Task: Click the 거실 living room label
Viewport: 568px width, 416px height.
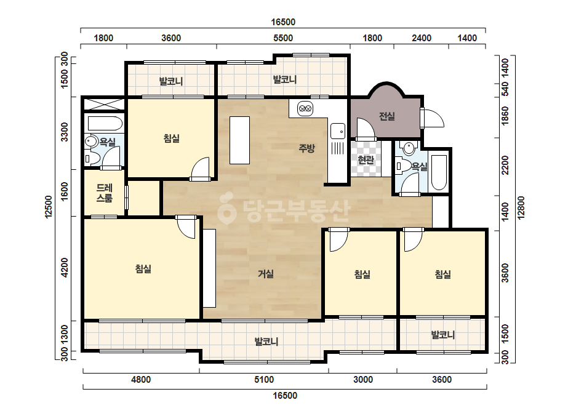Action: pyautogui.click(x=265, y=274)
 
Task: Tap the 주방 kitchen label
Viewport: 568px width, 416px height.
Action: pyautogui.click(x=306, y=148)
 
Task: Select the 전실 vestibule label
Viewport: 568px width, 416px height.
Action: pyautogui.click(x=387, y=116)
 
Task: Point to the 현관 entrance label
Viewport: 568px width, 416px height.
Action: pyautogui.click(x=366, y=159)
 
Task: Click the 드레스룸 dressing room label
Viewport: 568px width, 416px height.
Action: pyautogui.click(x=105, y=193)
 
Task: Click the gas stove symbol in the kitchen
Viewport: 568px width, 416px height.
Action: pyautogui.click(x=305, y=108)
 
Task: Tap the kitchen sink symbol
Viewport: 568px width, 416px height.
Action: pyautogui.click(x=338, y=131)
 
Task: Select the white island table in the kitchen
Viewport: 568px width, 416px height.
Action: pyautogui.click(x=239, y=140)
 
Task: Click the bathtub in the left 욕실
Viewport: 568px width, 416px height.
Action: pyautogui.click(x=105, y=123)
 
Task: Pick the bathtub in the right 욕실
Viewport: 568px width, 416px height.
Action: pyautogui.click(x=439, y=173)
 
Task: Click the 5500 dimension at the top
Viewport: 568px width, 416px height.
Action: pyautogui.click(x=283, y=38)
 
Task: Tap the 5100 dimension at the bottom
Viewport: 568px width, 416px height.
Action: pyautogui.click(x=264, y=380)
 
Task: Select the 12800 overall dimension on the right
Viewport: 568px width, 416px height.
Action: pyautogui.click(x=521, y=208)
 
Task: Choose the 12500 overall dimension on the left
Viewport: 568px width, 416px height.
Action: pyautogui.click(x=49, y=207)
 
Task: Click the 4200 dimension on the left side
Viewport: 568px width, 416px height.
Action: pyautogui.click(x=65, y=268)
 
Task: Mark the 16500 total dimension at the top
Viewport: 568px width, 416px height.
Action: pyautogui.click(x=283, y=22)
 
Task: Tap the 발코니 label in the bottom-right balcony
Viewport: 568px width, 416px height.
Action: pyautogui.click(x=442, y=335)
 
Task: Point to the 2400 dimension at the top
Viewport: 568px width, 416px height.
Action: pyautogui.click(x=422, y=38)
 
